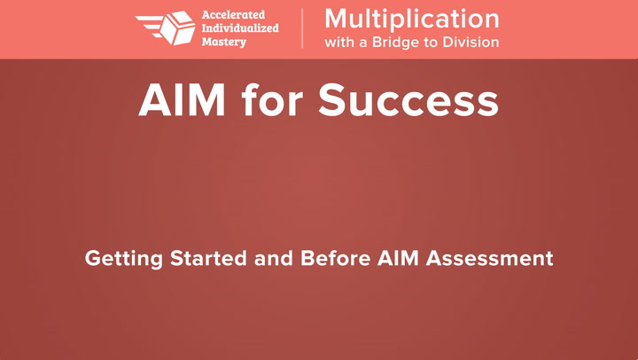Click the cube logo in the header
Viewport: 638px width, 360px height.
(177, 27)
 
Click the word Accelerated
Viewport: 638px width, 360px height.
(233, 15)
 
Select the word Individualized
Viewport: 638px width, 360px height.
(240, 28)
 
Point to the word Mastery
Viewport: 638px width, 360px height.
(224, 42)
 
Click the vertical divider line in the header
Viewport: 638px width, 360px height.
(302, 28)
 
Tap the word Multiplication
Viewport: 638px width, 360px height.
(412, 20)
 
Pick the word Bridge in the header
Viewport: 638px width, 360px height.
(394, 43)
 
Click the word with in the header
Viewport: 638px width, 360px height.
(339, 42)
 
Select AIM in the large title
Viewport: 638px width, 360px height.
(182, 100)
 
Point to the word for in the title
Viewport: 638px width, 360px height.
(272, 99)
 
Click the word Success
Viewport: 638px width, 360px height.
(408, 100)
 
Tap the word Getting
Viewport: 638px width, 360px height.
(124, 260)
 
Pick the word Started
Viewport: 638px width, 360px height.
(208, 258)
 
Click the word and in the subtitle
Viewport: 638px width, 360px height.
(274, 258)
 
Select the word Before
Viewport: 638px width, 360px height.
(335, 258)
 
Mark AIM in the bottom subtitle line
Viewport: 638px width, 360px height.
(398, 258)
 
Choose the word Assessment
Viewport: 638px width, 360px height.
(489, 258)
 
